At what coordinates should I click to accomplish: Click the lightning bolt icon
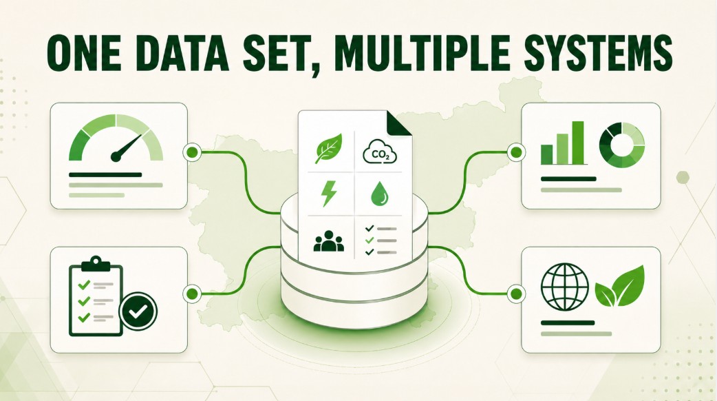tap(329, 193)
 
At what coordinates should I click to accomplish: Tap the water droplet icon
tap(379, 194)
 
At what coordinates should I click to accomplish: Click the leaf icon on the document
tap(329, 149)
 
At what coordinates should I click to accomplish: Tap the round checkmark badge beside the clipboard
tap(138, 311)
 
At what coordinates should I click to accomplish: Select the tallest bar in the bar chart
tap(578, 143)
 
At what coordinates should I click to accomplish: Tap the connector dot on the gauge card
tap(193, 152)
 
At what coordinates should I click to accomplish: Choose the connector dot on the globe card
tap(516, 293)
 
